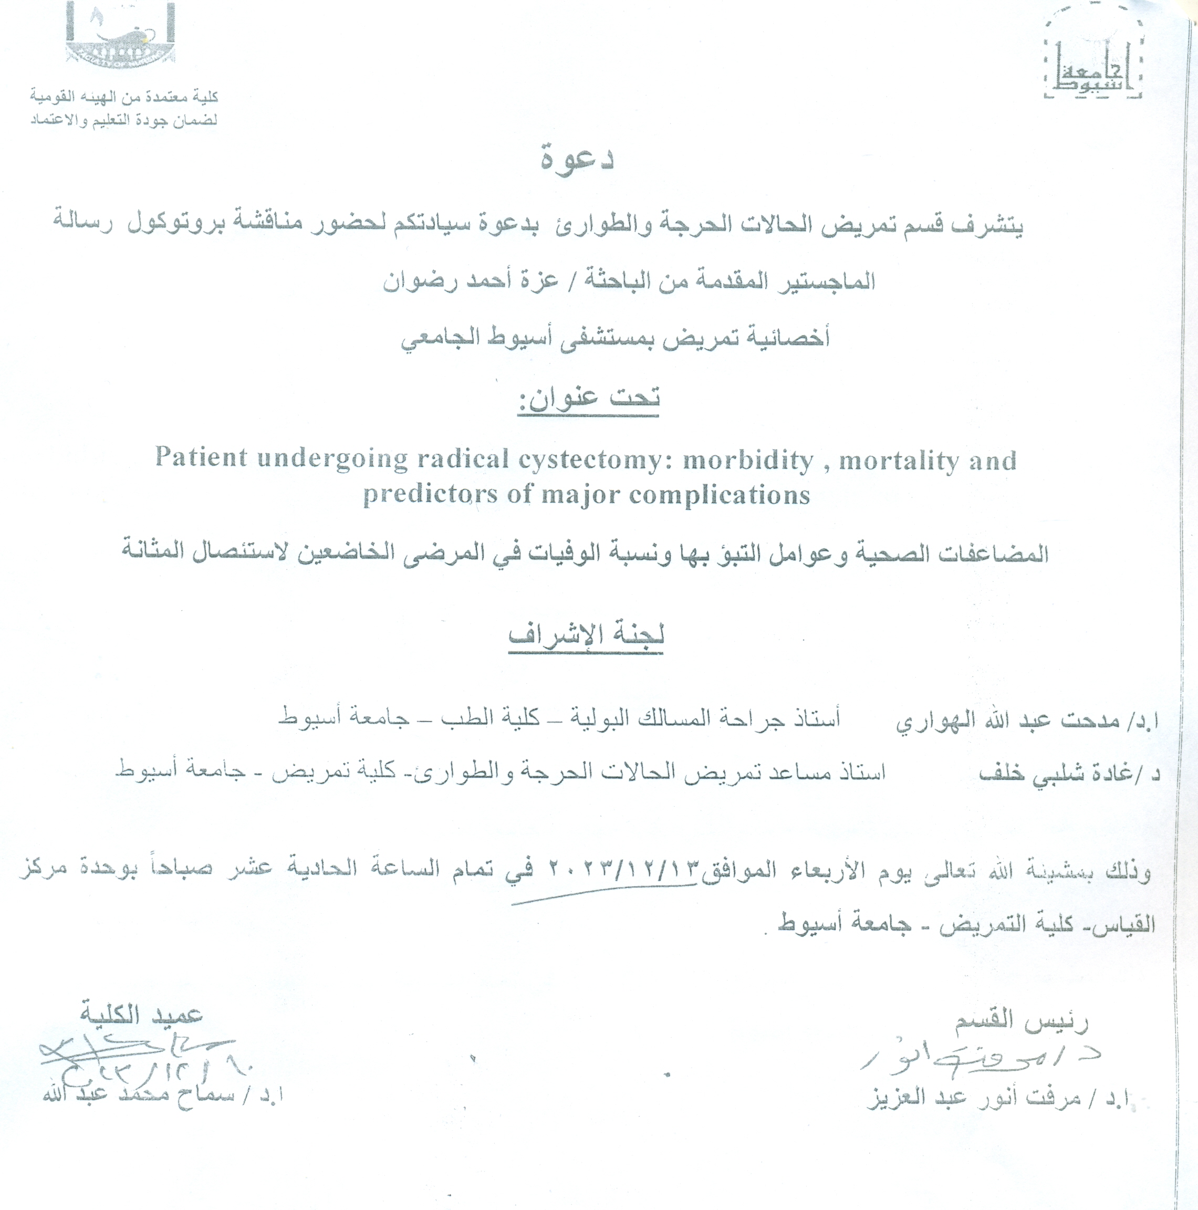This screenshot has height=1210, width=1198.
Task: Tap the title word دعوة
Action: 577,159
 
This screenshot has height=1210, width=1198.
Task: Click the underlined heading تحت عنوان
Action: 589,398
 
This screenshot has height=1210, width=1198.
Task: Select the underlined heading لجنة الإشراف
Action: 586,634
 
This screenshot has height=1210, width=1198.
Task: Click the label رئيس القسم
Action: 1022,1021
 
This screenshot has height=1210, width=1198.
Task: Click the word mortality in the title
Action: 899,461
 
